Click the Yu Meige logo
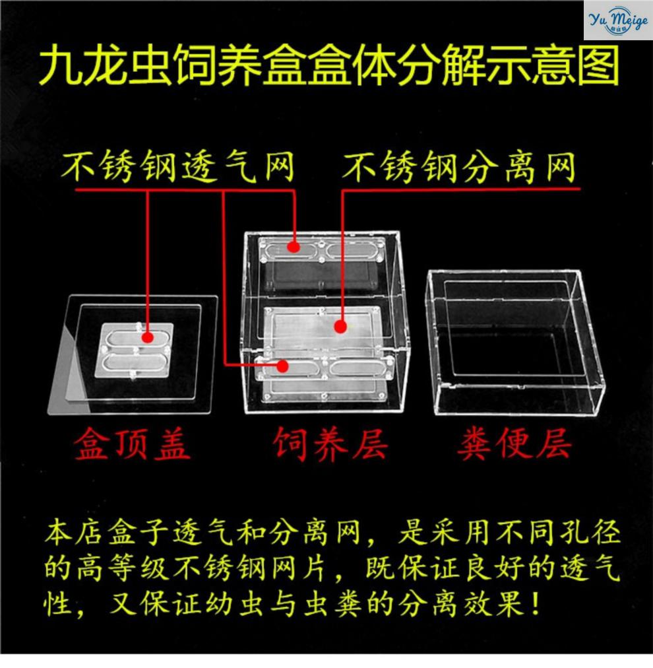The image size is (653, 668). click(618, 20)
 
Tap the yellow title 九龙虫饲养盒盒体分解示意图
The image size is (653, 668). click(329, 66)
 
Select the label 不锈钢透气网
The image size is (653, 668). click(178, 166)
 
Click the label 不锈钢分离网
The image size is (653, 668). click(459, 166)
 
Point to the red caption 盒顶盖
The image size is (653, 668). click(131, 444)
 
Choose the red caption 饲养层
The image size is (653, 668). click(330, 444)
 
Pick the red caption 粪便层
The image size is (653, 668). click(514, 444)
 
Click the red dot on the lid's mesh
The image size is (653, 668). click(148, 337)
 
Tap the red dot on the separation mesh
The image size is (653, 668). click(340, 327)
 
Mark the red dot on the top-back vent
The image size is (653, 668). click(294, 247)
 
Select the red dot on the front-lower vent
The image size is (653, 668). click(283, 366)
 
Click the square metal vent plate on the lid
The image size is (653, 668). click(135, 351)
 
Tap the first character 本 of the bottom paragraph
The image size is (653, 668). click(59, 533)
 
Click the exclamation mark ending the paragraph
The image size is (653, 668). click(535, 603)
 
